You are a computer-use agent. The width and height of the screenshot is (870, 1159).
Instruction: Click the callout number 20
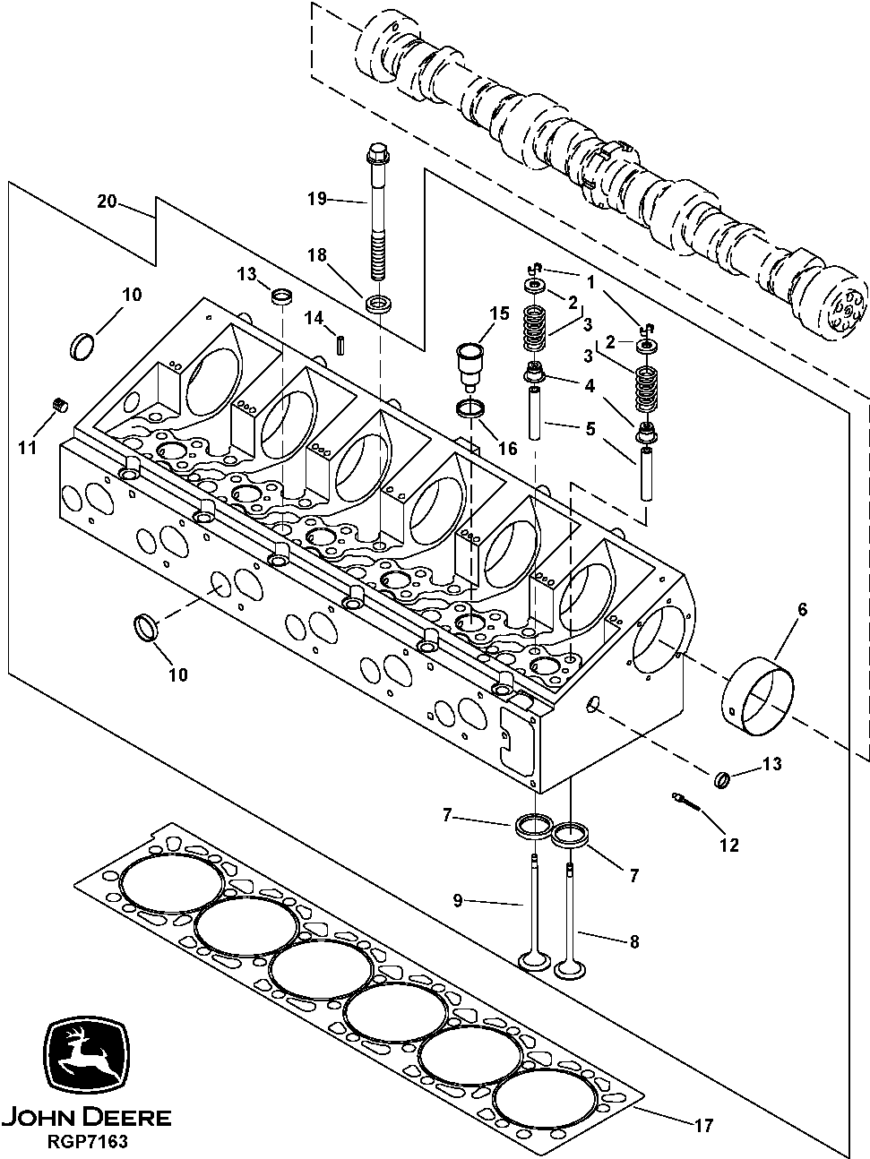pyautogui.click(x=107, y=202)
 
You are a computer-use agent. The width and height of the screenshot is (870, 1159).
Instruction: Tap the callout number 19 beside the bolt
pyautogui.click(x=317, y=199)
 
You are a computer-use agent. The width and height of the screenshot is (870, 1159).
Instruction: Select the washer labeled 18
pyautogui.click(x=378, y=302)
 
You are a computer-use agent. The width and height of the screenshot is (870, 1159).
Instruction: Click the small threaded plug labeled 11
pyautogui.click(x=60, y=405)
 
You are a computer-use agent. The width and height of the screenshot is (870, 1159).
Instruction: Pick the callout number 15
pyautogui.click(x=499, y=313)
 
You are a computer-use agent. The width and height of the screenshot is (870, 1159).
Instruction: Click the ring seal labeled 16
pyautogui.click(x=471, y=409)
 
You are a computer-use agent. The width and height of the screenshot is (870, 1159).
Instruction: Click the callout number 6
pyautogui.click(x=802, y=610)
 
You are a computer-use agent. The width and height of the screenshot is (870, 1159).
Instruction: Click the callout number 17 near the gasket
pyautogui.click(x=704, y=1126)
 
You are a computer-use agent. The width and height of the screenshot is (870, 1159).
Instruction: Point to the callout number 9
pyautogui.click(x=457, y=901)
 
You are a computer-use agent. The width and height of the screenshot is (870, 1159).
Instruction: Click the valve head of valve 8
pyautogui.click(x=567, y=969)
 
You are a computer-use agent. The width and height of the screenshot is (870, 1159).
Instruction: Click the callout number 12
pyautogui.click(x=729, y=845)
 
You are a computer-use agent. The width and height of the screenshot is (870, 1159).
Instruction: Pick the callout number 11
pyautogui.click(x=28, y=447)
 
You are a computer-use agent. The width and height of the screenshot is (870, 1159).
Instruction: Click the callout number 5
pyautogui.click(x=589, y=429)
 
